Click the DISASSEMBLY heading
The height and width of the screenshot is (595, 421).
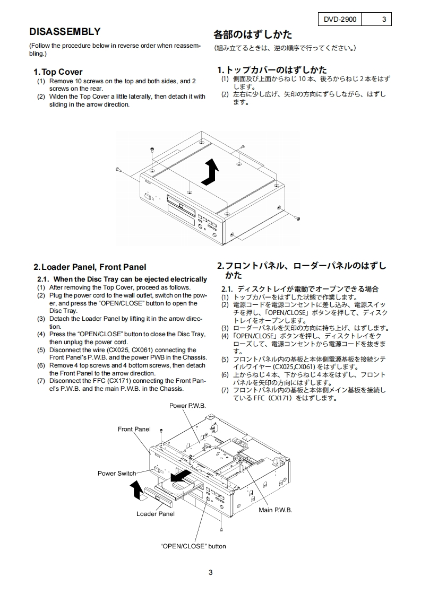(65, 32)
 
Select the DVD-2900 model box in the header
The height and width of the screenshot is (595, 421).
(340, 20)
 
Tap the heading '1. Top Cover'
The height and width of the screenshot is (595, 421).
(58, 72)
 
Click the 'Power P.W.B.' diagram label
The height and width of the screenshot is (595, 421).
(187, 405)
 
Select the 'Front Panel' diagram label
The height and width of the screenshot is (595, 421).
(134, 429)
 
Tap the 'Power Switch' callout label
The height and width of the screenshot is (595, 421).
(117, 473)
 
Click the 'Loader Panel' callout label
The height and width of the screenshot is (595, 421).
(156, 513)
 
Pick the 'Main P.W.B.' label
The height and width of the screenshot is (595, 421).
(275, 510)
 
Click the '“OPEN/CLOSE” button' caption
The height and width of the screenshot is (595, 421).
(193, 546)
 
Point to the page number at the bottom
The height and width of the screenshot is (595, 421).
(210, 572)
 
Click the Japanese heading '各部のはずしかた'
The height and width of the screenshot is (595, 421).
(253, 34)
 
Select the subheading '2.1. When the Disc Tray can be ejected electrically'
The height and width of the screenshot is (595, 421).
(122, 279)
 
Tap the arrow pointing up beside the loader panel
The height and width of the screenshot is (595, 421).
(138, 490)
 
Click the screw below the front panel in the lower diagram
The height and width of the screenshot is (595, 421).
(221, 529)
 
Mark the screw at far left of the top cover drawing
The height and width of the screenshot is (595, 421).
(117, 170)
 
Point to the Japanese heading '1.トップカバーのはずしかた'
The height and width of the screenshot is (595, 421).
(272, 69)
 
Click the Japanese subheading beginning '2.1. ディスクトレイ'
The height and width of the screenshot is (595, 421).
(300, 289)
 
